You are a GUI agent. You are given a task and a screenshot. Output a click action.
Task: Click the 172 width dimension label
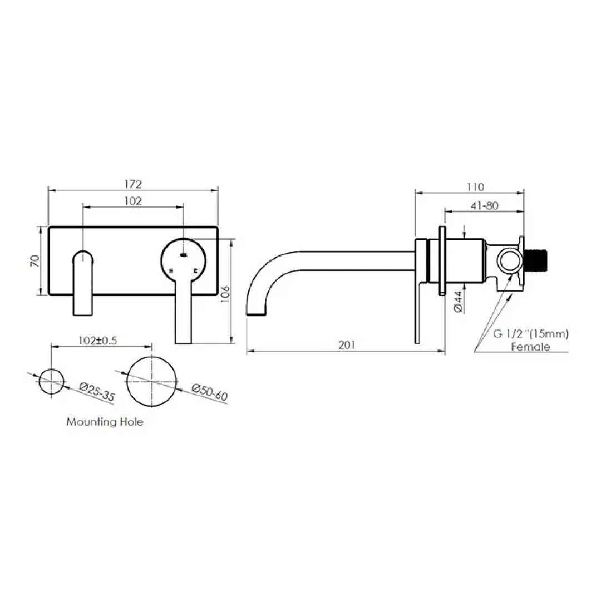point(133,184)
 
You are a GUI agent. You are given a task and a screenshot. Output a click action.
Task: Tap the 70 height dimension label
point(35,261)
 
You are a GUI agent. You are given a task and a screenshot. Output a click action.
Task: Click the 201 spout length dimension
point(346,345)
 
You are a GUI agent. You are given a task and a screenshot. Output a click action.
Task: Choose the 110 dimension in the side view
point(476,186)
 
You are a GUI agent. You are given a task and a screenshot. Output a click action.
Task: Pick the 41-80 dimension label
point(484,205)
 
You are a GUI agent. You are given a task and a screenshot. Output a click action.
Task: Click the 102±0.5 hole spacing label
point(97,341)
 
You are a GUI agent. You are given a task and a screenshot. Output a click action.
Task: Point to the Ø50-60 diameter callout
point(210,392)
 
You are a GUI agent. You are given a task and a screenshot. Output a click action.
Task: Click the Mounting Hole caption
point(105,422)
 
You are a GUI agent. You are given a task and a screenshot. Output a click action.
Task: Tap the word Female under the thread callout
point(530,347)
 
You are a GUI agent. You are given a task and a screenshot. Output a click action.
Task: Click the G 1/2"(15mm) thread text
point(530,334)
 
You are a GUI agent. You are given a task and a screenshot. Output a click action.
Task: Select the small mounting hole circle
point(51,382)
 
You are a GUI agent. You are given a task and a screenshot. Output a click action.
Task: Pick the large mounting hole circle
point(152,382)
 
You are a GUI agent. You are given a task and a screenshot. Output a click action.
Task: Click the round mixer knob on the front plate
point(183,259)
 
